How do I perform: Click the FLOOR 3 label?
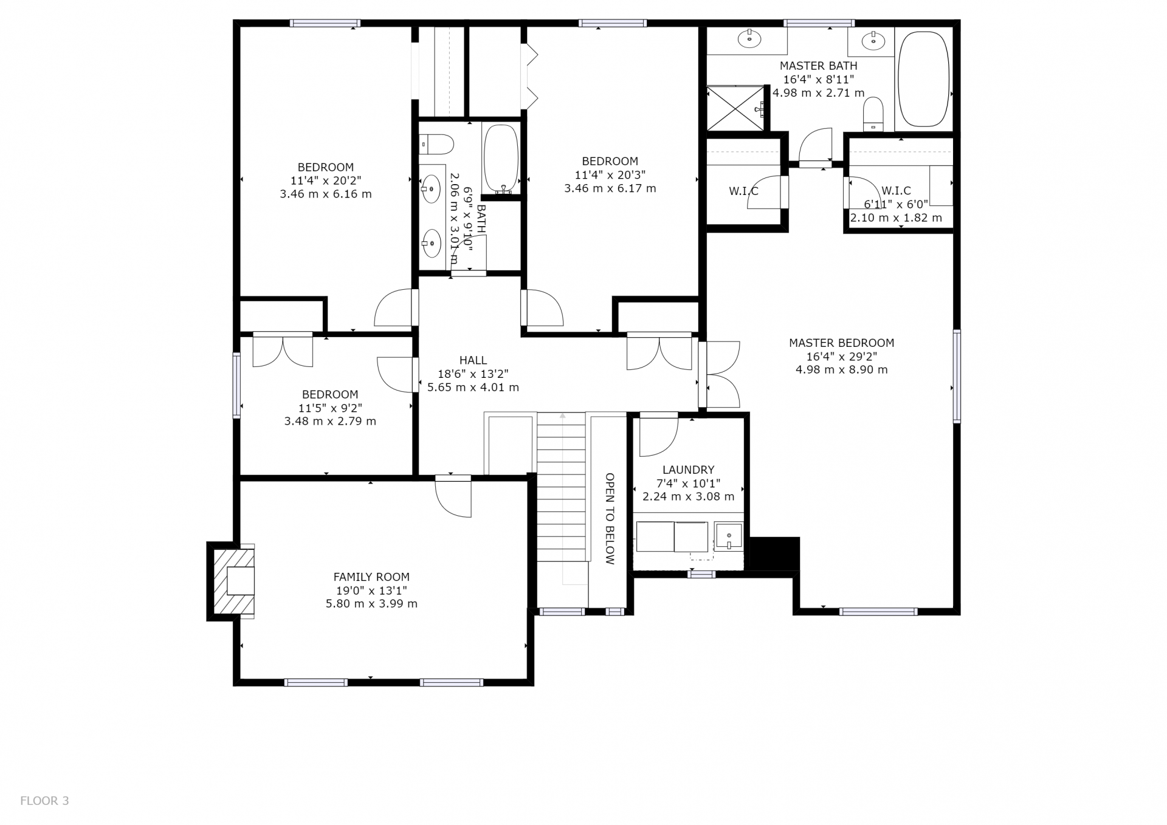(44, 801)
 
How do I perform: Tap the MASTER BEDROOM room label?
(841, 343)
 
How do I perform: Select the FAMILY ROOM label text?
(371, 577)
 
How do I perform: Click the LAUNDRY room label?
(688, 470)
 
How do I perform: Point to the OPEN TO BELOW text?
(610, 519)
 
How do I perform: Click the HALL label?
(473, 360)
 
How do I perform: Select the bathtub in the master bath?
(923, 79)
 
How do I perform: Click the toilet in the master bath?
(873, 114)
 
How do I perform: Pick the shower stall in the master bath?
(735, 108)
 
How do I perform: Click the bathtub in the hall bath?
(501, 159)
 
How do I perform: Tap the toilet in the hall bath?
(436, 144)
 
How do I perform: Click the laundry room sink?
(728, 536)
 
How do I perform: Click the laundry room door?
(659, 434)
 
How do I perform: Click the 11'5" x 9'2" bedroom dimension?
(330, 408)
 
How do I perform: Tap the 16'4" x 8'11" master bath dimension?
(818, 80)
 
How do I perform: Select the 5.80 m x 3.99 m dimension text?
(371, 604)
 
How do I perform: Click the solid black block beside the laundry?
(775, 553)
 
